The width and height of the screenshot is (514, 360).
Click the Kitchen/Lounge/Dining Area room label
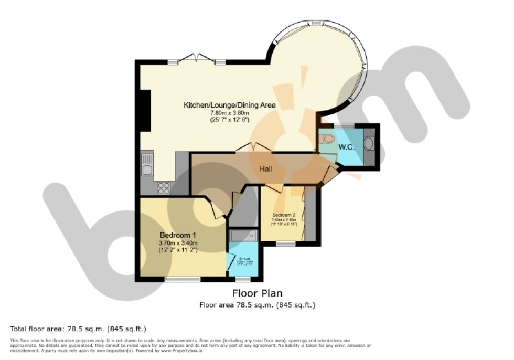229,105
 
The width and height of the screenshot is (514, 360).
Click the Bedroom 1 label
178,235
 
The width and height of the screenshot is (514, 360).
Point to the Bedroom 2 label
284,215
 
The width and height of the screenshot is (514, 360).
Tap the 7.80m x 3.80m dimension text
229,113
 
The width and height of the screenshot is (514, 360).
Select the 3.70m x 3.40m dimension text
178,243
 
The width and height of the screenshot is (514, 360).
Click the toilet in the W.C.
327,139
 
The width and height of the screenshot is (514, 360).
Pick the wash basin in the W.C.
369,144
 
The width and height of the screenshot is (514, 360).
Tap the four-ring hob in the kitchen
164,187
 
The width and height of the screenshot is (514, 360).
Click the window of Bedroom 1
175,279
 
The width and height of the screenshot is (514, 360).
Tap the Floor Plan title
257,293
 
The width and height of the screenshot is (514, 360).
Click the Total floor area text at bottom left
78,329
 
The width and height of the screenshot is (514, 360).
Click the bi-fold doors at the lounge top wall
197,58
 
